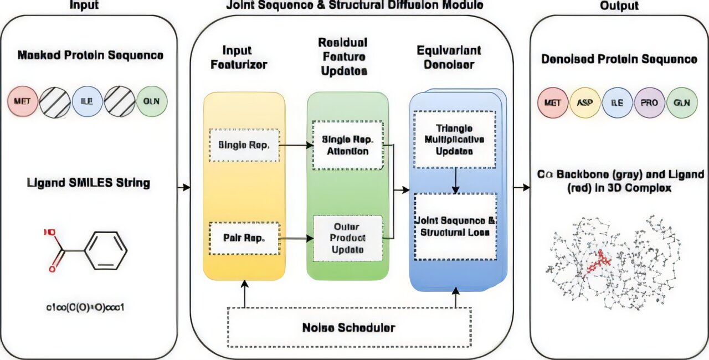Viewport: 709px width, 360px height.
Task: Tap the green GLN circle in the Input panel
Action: coord(151,102)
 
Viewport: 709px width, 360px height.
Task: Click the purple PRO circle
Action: coord(650,103)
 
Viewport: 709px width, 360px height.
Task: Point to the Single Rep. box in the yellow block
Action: coord(244,145)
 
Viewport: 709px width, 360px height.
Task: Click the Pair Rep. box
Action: coord(244,238)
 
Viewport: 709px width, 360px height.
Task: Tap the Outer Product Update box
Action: coord(347,238)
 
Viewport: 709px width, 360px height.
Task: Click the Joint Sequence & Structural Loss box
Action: coord(455,226)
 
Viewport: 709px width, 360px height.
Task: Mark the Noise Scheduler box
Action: coord(349,327)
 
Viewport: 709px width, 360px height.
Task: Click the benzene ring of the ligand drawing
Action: coord(109,251)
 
